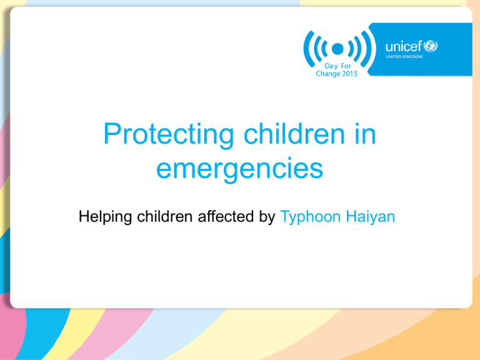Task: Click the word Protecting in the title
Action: [x=169, y=134]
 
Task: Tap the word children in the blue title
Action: [x=294, y=134]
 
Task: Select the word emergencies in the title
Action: [x=240, y=169]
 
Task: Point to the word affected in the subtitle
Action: [x=226, y=216]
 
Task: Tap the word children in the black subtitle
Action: [x=165, y=216]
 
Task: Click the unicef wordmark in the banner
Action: [x=404, y=46]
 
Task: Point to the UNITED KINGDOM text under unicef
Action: [x=404, y=57]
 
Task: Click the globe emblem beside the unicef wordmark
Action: [x=431, y=46]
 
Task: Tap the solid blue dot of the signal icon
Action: [x=337, y=49]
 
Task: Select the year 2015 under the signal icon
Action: [x=350, y=74]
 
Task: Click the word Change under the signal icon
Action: [x=328, y=74]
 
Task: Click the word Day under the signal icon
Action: [x=331, y=66]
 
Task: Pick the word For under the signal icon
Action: [x=346, y=66]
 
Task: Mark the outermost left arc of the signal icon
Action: [x=307, y=49]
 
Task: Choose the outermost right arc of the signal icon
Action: [x=368, y=49]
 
